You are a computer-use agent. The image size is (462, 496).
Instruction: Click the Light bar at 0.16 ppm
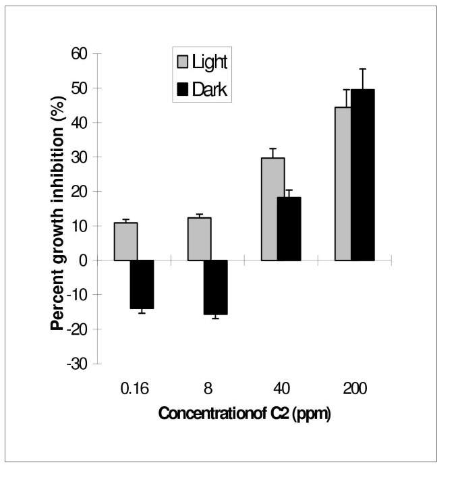pyautogui.click(x=126, y=242)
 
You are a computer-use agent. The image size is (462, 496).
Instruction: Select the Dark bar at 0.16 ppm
pyautogui.click(x=142, y=284)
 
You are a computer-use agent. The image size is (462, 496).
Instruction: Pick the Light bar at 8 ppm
pyautogui.click(x=199, y=239)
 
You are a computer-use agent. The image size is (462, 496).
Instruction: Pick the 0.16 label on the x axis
pyautogui.click(x=134, y=390)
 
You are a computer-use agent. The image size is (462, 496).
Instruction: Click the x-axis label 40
pyautogui.click(x=281, y=390)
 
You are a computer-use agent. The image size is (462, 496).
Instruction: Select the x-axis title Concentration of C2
pyautogui.click(x=244, y=414)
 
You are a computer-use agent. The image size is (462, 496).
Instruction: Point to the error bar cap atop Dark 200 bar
pyautogui.click(x=362, y=69)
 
